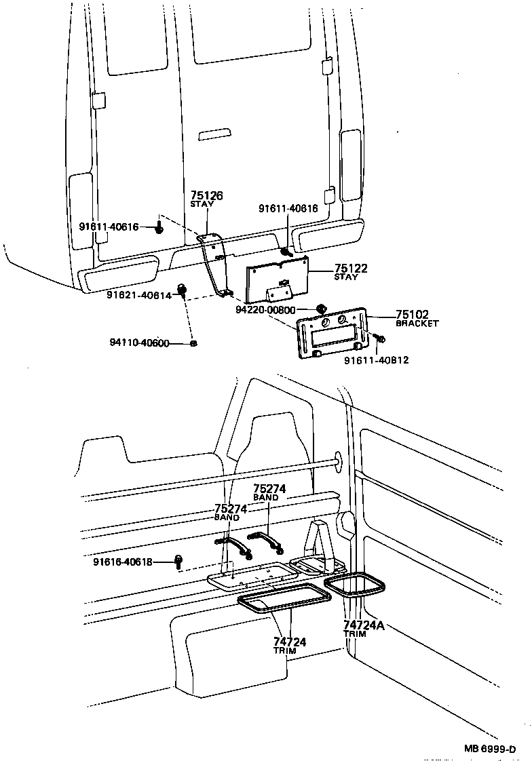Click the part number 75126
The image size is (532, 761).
(206, 195)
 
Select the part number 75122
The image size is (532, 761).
(350, 269)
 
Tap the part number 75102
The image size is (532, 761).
(412, 315)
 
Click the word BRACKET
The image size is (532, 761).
(417, 324)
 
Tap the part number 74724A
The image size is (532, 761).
(364, 625)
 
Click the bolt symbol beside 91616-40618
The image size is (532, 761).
(179, 561)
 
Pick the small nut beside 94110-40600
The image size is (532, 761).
(194, 344)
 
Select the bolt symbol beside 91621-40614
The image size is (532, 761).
(182, 292)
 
